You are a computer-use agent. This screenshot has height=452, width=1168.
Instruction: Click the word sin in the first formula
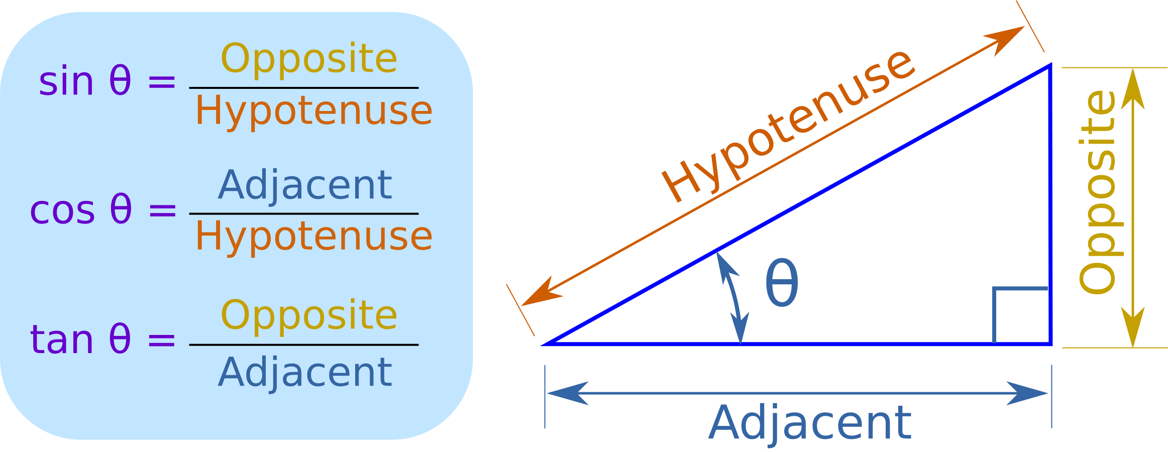tap(66, 82)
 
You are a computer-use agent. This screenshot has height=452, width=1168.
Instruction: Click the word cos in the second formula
tap(62, 210)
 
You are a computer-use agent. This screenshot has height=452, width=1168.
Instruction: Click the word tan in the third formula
tap(61, 340)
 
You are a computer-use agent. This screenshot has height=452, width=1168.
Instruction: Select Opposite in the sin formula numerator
tap(309, 59)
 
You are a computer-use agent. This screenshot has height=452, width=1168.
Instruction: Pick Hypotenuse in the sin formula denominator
tap(313, 111)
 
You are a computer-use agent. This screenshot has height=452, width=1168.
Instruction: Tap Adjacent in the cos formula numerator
tap(305, 185)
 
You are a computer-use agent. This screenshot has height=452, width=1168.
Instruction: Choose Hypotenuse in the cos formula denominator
tap(313, 237)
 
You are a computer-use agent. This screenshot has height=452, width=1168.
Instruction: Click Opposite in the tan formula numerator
tap(309, 315)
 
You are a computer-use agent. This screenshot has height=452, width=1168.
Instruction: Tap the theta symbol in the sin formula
tap(120, 81)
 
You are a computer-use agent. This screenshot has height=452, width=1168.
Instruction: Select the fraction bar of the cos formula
tap(303, 213)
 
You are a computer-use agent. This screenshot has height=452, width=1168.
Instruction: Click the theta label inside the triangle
tap(781, 283)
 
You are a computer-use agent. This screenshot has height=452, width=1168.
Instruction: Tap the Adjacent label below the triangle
tap(810, 423)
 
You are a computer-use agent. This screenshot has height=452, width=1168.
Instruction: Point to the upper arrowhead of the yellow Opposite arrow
tap(1133, 90)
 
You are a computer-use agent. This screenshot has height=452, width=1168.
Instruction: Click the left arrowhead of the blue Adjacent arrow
tap(568, 393)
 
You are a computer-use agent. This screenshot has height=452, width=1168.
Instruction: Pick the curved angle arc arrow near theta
tap(731, 296)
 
